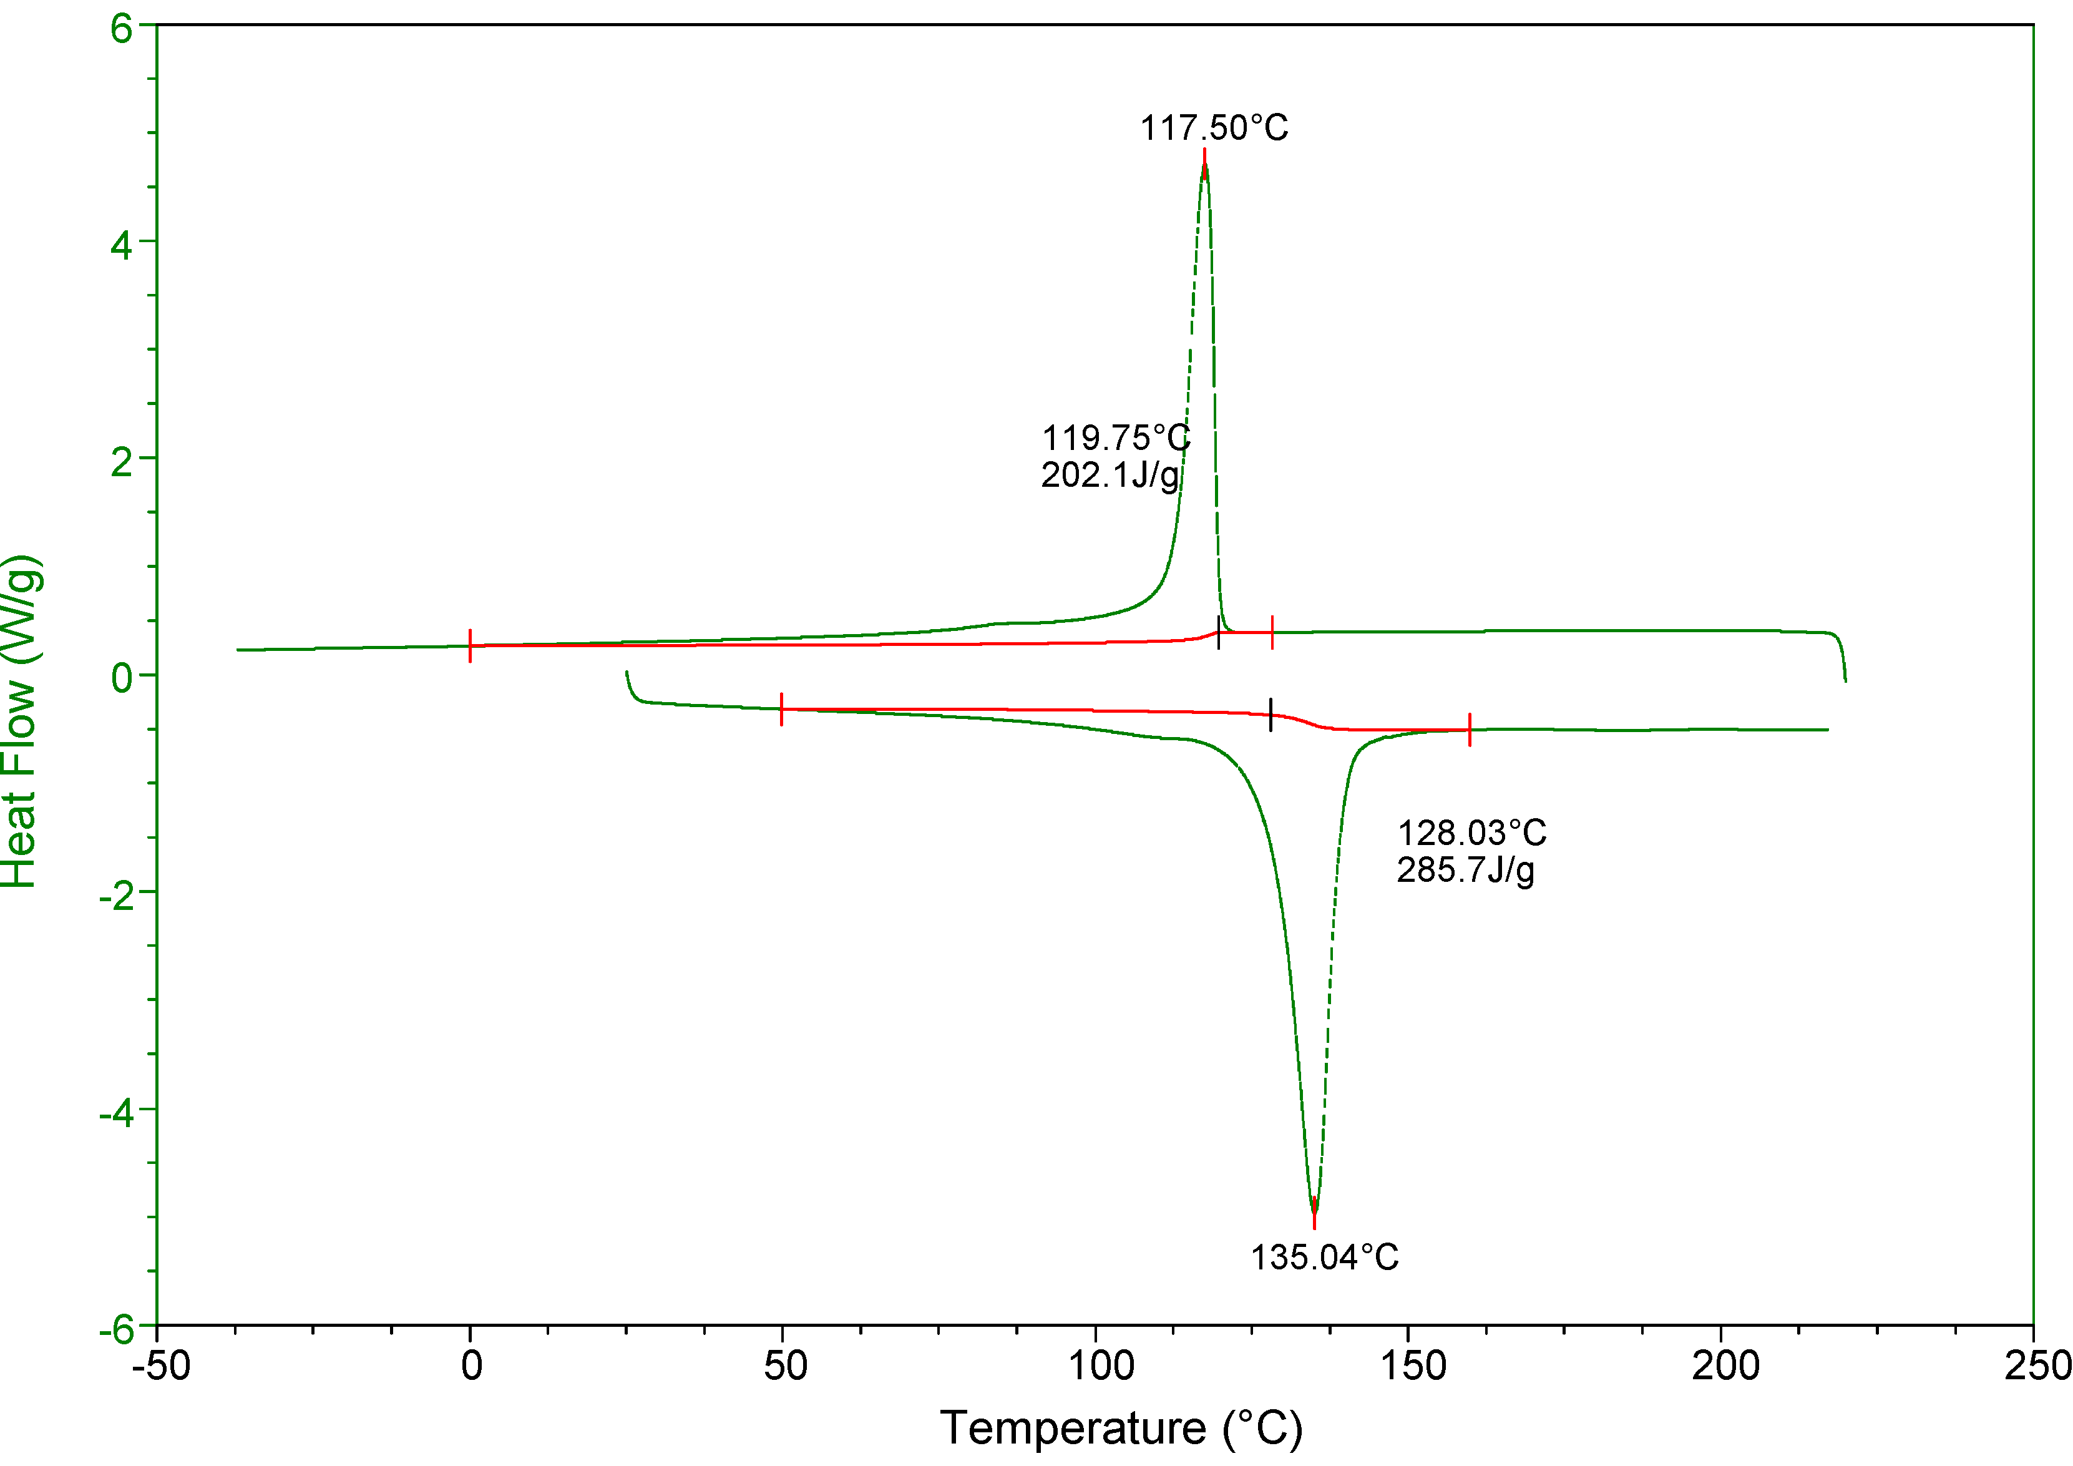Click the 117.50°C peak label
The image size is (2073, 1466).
pos(1214,128)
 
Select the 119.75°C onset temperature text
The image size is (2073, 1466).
pos(1116,439)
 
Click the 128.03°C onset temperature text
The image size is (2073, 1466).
pos(1471,833)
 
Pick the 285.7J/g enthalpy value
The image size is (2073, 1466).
pos(1465,870)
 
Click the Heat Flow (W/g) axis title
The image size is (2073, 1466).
pos(20,722)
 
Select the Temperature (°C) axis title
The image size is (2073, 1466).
pos(1121,1428)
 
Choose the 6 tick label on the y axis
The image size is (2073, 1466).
pos(121,29)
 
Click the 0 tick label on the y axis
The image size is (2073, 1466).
pos(121,677)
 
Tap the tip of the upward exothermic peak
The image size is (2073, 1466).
pos(1204,162)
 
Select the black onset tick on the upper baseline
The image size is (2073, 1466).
pos(1219,633)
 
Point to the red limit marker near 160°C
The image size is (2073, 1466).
pos(1470,730)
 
